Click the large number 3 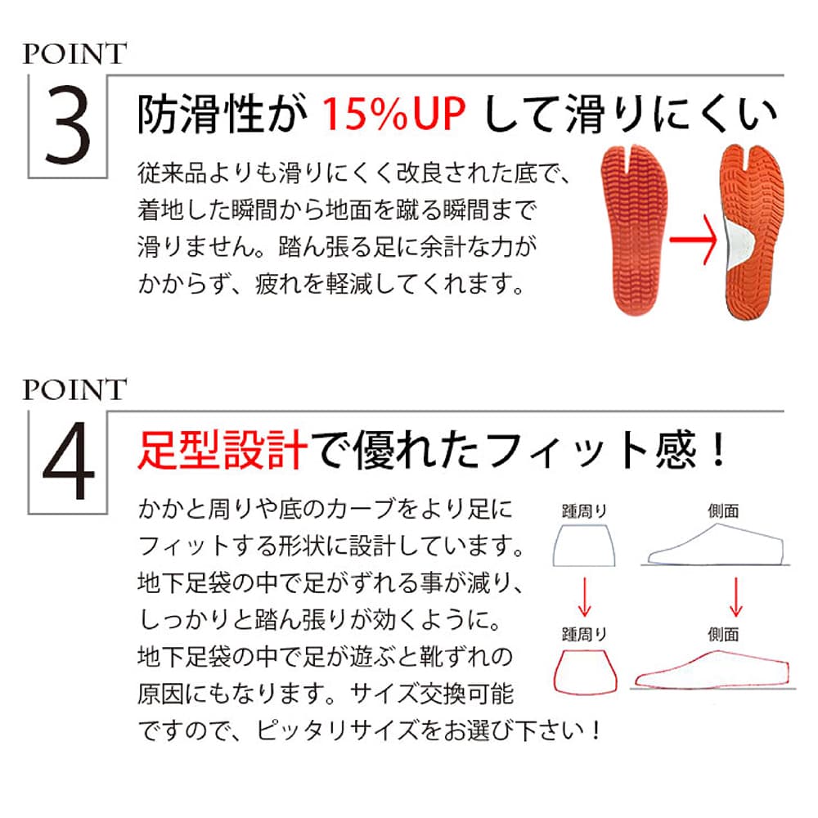(68, 125)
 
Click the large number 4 (69, 461)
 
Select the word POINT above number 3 (74, 54)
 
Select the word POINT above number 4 (74, 389)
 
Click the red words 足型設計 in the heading (222, 450)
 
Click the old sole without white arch (635, 231)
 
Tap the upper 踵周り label (584, 511)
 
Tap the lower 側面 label (723, 635)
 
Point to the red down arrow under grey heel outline (584, 597)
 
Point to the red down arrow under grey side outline (736, 597)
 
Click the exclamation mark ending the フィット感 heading (719, 450)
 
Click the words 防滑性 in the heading (200, 115)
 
